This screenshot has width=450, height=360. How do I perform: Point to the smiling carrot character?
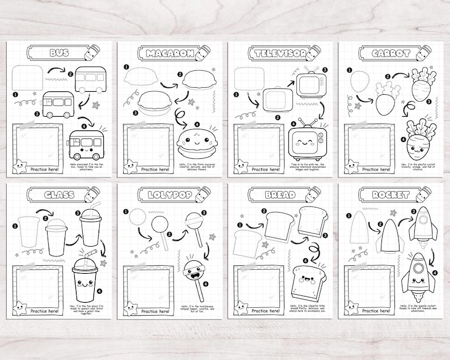pyautogui.click(x=419, y=142)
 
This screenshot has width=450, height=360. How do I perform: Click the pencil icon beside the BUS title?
pyautogui.click(x=90, y=52)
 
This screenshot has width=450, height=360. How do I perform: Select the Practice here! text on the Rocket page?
pyautogui.click(x=375, y=311)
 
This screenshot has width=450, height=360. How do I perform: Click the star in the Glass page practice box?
pyautogui.click(x=20, y=309)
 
